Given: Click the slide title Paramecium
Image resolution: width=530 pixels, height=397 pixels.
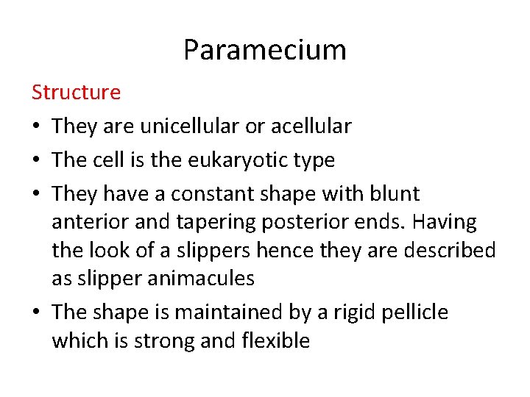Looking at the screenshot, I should (264, 50).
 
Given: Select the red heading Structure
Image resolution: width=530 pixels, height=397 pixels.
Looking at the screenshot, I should (76, 93).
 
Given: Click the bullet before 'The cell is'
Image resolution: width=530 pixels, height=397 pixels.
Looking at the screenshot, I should (36, 161).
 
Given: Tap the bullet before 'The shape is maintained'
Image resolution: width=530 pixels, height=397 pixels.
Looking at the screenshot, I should (36, 313).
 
